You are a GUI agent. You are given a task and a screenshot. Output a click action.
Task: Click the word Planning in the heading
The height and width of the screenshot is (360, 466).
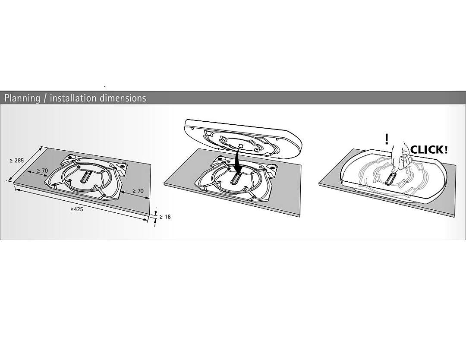click(22, 98)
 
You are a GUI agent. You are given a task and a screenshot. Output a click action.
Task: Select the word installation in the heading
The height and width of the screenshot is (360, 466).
click(73, 98)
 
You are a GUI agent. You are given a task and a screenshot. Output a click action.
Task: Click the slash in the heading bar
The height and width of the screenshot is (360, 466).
click(45, 98)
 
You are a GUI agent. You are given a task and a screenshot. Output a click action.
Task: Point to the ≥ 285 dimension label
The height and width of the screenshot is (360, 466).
click(17, 161)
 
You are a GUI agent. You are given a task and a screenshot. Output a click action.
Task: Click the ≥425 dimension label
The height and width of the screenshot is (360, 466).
click(77, 209)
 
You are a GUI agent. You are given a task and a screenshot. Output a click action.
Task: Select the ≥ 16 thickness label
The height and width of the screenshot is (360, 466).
click(165, 217)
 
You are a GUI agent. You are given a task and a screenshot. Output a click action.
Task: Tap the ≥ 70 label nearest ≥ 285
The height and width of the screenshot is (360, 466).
click(42, 171)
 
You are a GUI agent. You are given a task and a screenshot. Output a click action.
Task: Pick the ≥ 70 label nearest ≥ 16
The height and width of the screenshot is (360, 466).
click(138, 191)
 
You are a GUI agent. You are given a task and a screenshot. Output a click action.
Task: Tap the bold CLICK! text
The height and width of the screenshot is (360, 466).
click(429, 149)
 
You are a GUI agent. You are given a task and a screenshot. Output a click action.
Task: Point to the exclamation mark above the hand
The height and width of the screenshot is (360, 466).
click(386, 139)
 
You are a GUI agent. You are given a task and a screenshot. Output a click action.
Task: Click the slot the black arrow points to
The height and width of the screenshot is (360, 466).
click(236, 178)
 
